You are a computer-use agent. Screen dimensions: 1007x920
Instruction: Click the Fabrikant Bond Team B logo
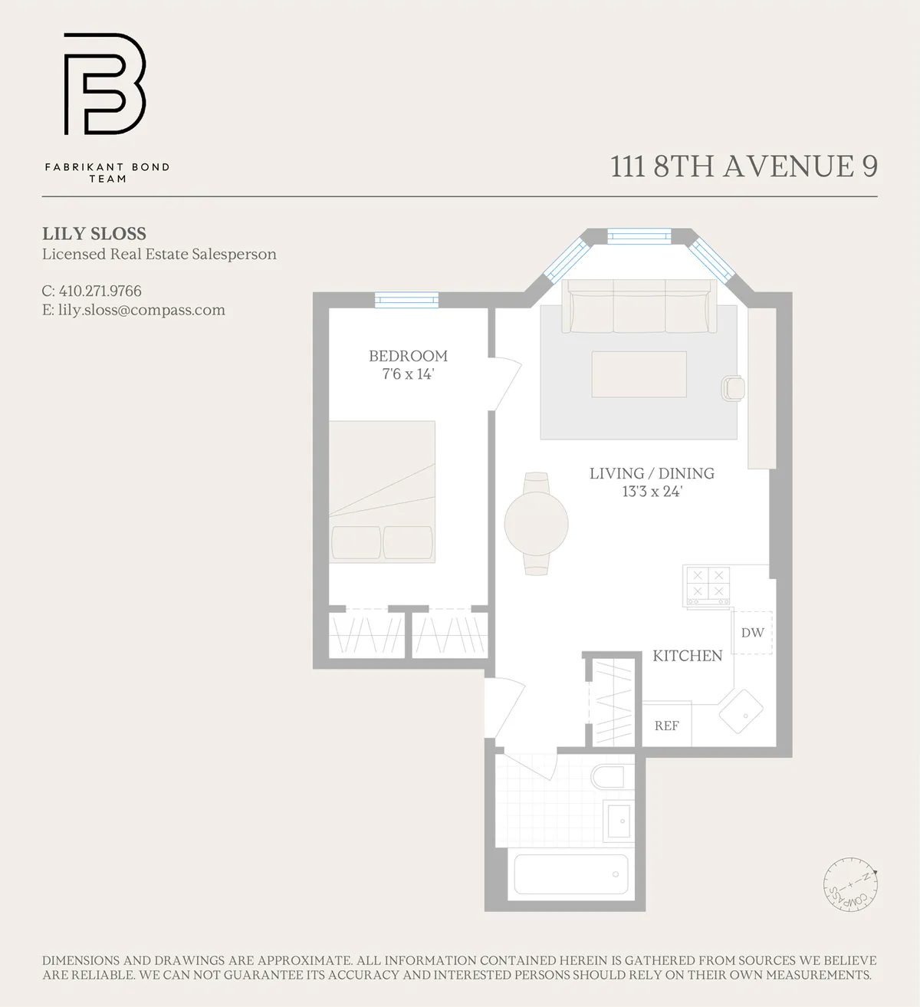(104, 84)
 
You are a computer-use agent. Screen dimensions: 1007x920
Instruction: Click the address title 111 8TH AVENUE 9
(744, 166)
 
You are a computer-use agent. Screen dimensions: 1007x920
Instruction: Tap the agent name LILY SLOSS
(94, 234)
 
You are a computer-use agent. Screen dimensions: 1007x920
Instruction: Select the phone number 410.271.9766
(100, 291)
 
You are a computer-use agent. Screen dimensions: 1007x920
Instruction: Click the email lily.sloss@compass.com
(141, 310)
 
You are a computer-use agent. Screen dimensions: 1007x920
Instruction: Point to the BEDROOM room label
(408, 356)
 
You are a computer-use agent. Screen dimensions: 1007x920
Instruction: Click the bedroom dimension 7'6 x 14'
(408, 374)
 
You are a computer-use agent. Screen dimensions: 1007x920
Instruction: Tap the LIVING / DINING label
(652, 473)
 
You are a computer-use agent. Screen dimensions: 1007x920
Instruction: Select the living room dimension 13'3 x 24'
(652, 492)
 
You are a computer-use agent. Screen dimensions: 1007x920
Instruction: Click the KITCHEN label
(687, 656)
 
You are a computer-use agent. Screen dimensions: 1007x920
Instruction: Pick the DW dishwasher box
(752, 633)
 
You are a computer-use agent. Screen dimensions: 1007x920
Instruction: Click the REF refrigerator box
(666, 726)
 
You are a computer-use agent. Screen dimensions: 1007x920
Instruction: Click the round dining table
(536, 524)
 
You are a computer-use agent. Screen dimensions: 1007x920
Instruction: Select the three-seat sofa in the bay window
(638, 307)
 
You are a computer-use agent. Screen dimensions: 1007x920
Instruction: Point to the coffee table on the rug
(639, 374)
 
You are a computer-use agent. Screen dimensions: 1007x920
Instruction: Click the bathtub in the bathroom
(570, 874)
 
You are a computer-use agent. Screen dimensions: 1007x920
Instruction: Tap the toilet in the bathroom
(611, 777)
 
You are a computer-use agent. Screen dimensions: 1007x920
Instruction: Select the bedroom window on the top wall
(406, 300)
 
